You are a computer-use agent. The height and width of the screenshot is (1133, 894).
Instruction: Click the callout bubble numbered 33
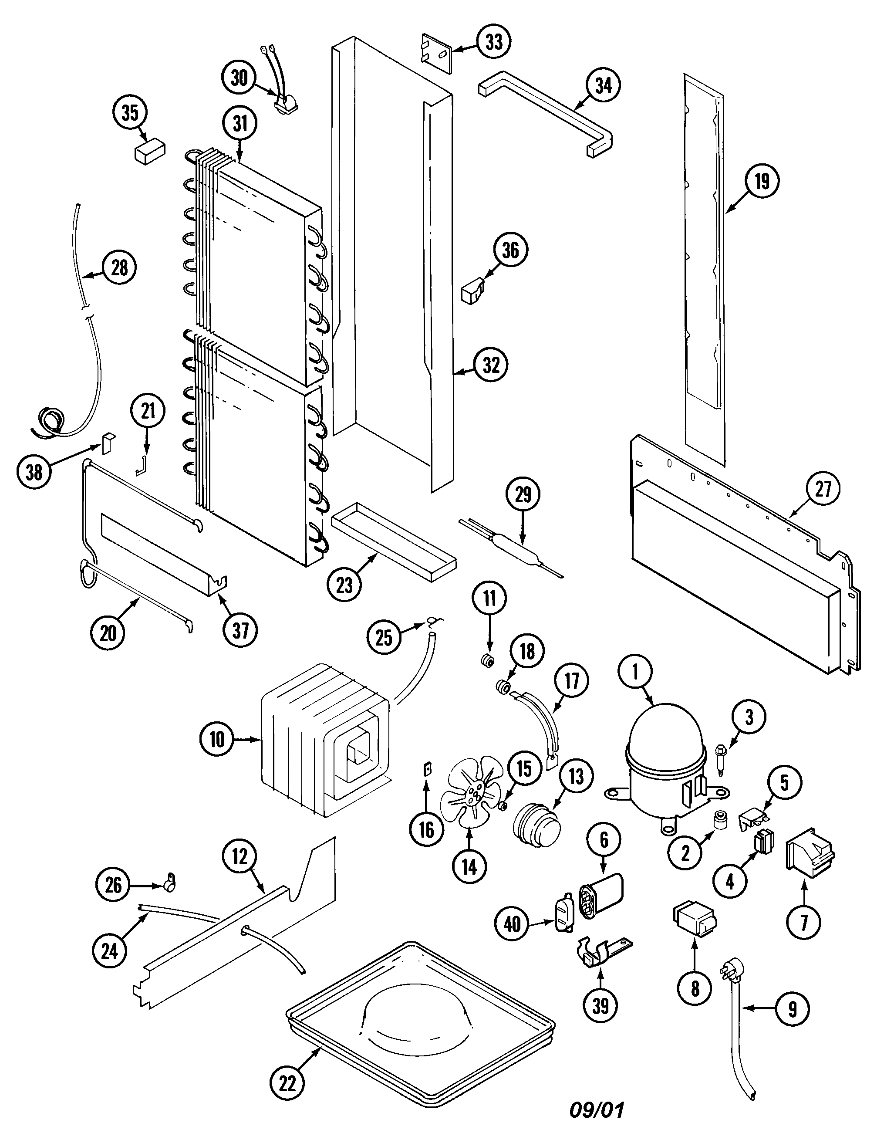(x=493, y=42)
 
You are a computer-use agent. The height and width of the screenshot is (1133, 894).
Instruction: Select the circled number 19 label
(x=762, y=181)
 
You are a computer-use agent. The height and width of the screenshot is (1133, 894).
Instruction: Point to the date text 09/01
(x=597, y=1109)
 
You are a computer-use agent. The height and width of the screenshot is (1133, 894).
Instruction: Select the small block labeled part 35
(x=150, y=152)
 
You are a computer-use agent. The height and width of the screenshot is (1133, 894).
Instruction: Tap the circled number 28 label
(x=119, y=267)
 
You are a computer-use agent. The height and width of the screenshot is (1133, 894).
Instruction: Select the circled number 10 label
(x=217, y=740)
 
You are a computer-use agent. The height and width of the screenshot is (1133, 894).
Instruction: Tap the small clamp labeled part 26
(x=170, y=884)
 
